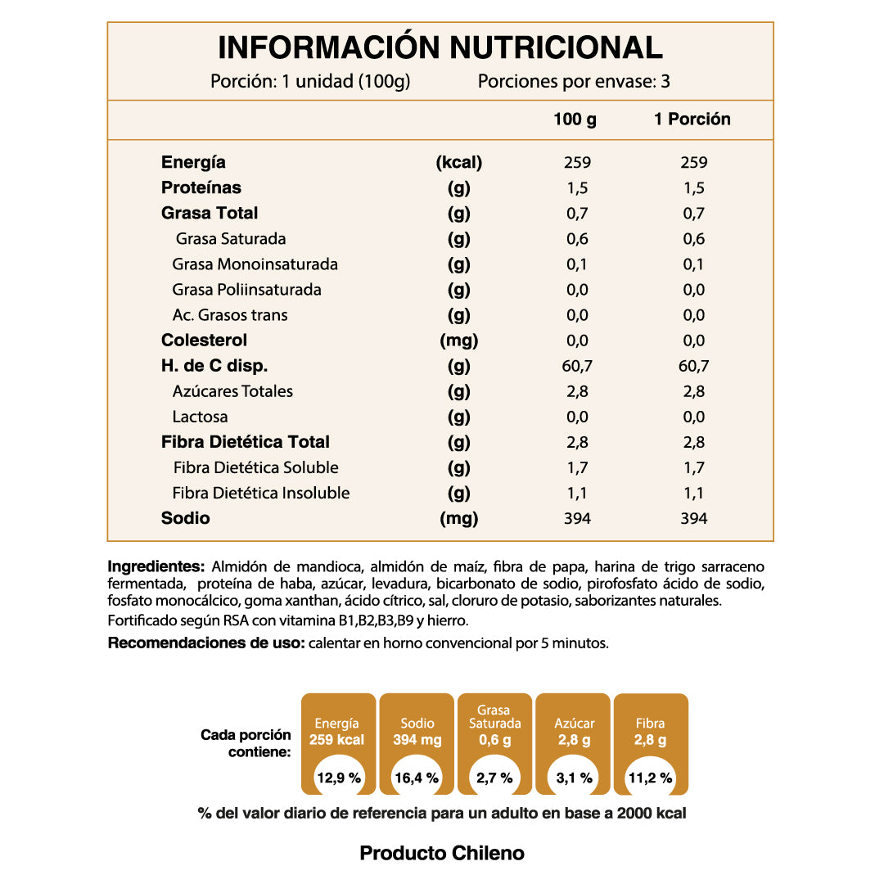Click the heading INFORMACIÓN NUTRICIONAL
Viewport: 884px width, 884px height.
point(440,47)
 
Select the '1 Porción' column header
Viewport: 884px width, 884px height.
point(692,120)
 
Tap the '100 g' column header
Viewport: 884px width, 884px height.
point(575,120)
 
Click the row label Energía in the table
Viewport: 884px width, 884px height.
point(193,162)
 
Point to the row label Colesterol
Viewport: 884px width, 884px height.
point(204,341)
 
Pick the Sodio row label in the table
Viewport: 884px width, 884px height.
point(186,518)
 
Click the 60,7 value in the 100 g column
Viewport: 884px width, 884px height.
point(577,366)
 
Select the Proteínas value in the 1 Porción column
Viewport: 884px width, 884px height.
point(693,188)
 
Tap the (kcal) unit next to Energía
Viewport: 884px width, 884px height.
point(459,162)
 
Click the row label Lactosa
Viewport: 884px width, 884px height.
point(200,417)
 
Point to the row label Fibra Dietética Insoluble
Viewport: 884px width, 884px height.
point(261,493)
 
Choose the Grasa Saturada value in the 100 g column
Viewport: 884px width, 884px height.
point(577,239)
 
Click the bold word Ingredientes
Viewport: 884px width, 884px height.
point(156,566)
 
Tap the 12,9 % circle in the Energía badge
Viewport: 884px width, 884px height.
point(339,778)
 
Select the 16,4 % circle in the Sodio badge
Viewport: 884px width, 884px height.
point(417,778)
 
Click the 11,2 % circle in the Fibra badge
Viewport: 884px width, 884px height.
point(651,778)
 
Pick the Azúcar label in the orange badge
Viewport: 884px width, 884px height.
point(574,723)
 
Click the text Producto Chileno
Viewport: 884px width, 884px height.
point(442,853)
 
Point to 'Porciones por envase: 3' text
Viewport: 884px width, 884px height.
point(574,82)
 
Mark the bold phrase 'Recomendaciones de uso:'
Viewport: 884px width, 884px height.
point(205,643)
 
